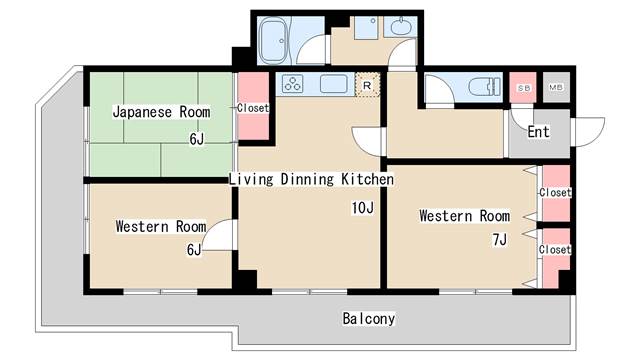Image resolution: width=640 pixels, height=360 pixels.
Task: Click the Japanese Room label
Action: (x=161, y=112)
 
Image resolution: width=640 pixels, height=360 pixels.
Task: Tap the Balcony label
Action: (x=369, y=319)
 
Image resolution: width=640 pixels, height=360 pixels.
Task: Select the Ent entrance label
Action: (x=538, y=132)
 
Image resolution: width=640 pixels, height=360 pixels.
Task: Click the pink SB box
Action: (x=523, y=87)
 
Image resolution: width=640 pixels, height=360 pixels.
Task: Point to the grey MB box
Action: (x=556, y=87)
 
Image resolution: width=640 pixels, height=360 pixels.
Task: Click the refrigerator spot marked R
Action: (x=367, y=85)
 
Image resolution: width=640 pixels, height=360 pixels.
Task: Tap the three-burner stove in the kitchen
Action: (x=293, y=84)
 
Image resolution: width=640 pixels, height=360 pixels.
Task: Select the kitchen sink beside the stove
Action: (x=333, y=84)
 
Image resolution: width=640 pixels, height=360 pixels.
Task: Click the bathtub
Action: (x=274, y=40)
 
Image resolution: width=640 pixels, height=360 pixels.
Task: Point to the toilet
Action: (x=484, y=87)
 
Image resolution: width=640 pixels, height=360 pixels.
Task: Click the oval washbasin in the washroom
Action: (x=401, y=27)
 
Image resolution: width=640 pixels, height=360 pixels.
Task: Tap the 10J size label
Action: (x=362, y=208)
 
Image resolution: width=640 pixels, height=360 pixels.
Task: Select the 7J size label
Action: (x=500, y=240)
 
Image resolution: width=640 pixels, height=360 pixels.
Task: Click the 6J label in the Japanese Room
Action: (x=196, y=139)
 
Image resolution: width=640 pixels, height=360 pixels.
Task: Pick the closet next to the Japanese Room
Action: (x=253, y=107)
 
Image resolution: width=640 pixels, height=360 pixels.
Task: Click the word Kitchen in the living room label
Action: (x=367, y=179)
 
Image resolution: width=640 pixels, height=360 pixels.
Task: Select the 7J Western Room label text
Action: (x=464, y=216)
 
